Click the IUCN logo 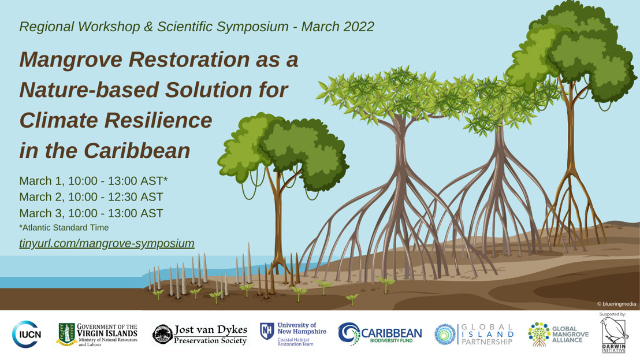[27, 334]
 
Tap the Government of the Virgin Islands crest [66, 335]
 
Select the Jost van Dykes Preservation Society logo [200, 335]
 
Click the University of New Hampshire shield [267, 332]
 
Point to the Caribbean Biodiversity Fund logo [380, 334]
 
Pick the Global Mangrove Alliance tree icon [539, 334]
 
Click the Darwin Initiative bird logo [613, 335]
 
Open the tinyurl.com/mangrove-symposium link [107, 243]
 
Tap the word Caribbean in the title [137, 151]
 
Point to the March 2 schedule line [91, 197]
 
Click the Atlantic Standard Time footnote [64, 228]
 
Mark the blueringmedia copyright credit [617, 304]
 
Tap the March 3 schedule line [91, 213]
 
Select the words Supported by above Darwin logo [612, 314]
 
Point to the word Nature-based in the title [89, 90]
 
